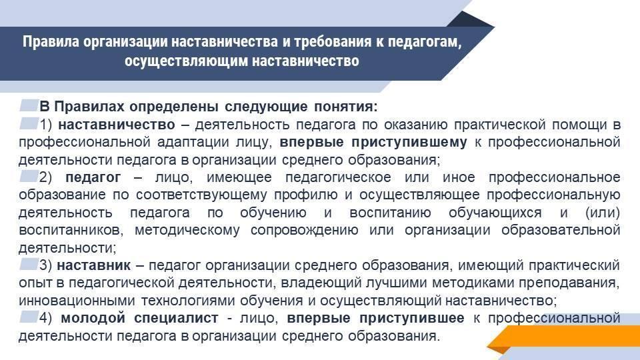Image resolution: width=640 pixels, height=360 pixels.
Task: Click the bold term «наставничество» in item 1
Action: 116,125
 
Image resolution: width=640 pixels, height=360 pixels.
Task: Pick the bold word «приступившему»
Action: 409,143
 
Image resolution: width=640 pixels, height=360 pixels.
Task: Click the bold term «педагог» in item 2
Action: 93,177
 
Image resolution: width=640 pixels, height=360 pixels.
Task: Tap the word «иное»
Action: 459,177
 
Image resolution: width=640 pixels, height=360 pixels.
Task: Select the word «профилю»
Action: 306,195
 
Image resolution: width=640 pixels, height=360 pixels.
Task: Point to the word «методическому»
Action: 187,230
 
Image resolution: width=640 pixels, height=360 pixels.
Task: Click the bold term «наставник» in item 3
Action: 93,265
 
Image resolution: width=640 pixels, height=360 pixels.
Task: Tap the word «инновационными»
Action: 77,301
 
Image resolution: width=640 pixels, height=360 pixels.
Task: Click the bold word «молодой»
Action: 93,318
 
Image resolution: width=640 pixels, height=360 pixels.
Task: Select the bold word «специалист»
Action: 176,319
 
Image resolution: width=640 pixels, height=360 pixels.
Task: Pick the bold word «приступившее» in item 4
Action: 412,319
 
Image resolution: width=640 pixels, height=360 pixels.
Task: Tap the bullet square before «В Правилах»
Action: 29,105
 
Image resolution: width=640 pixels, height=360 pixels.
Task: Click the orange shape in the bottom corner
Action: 563,337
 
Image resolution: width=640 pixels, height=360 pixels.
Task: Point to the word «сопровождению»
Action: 304,231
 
